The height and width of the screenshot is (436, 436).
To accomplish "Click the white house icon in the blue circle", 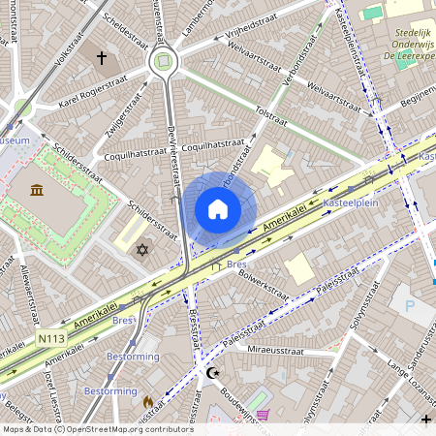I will (x=218, y=209).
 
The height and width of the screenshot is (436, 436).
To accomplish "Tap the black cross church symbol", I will (x=101, y=58).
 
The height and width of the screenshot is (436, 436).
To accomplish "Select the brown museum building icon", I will (x=37, y=188).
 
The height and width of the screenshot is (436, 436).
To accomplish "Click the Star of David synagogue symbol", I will (x=143, y=250).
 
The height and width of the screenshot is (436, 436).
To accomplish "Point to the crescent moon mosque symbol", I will (x=213, y=372).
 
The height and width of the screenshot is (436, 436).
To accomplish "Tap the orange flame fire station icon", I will (x=148, y=400).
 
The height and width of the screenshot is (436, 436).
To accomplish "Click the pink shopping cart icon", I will (x=264, y=416).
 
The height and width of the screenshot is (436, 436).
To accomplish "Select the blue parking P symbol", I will (x=408, y=305).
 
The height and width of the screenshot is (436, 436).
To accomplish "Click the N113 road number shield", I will (x=52, y=338).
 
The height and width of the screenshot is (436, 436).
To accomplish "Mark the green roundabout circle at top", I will (x=163, y=62).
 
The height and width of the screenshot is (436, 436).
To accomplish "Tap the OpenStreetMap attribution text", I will (x=97, y=428).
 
